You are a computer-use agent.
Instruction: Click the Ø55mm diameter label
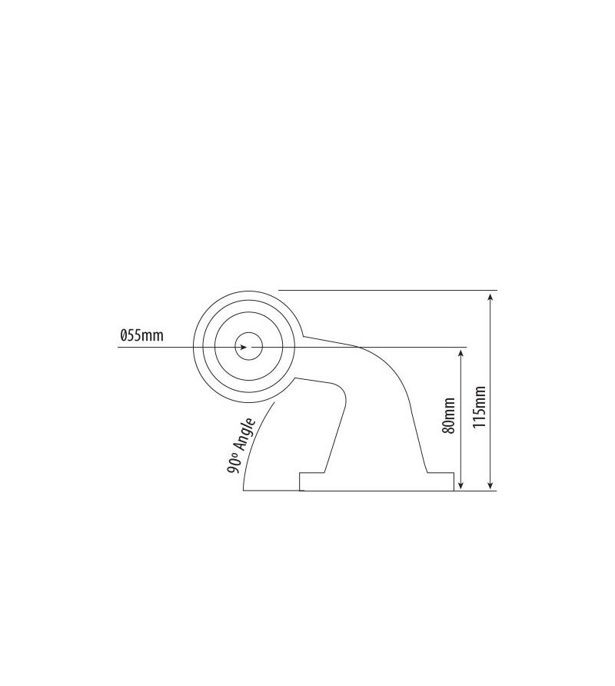141,335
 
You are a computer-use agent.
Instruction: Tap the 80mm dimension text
449,415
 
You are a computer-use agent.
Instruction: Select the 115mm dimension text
480,408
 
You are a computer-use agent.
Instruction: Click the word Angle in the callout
245,435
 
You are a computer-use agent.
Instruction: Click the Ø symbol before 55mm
123,335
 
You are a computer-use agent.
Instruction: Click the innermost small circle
249,347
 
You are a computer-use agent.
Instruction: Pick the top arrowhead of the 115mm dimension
490,298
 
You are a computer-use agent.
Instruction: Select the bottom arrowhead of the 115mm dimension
490,485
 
